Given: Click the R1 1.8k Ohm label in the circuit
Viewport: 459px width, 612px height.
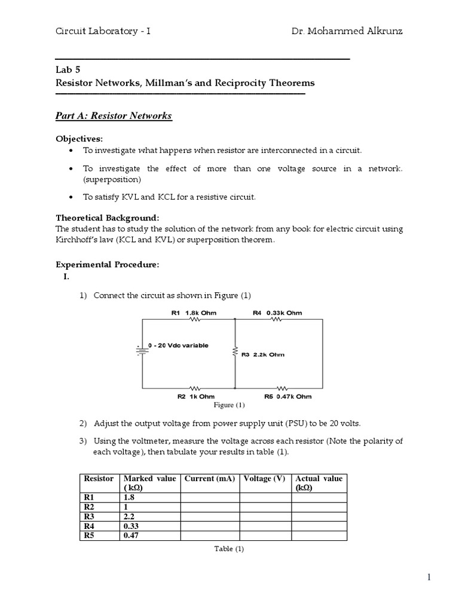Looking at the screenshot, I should click(x=194, y=313).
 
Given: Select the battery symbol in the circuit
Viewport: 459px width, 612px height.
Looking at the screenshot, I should click(x=142, y=350).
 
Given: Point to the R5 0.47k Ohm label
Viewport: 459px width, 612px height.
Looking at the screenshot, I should click(x=287, y=396).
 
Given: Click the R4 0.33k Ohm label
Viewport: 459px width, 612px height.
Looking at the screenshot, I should click(x=277, y=313).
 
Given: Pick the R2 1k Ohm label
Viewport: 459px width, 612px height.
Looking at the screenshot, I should click(x=195, y=396).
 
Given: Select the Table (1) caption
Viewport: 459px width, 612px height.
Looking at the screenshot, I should click(x=230, y=549).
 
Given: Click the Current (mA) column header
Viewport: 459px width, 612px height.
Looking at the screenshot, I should click(x=210, y=479).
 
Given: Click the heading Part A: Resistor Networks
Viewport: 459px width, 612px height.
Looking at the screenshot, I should click(x=114, y=116).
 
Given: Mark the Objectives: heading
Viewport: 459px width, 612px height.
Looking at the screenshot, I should click(x=79, y=139).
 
